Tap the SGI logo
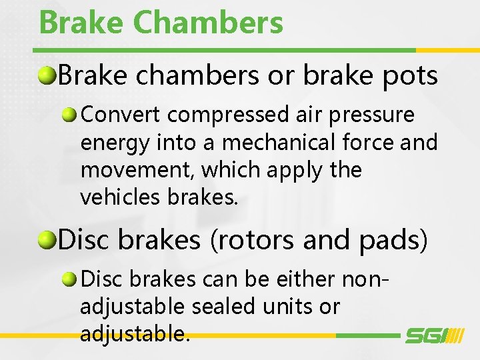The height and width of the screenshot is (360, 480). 434,335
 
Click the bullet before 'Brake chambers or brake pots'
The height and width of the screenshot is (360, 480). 47,76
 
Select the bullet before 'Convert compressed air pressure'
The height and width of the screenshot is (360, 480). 70,115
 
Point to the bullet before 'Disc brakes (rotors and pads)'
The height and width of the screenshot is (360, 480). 47,239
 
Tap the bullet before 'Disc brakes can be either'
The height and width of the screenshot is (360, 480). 70,279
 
